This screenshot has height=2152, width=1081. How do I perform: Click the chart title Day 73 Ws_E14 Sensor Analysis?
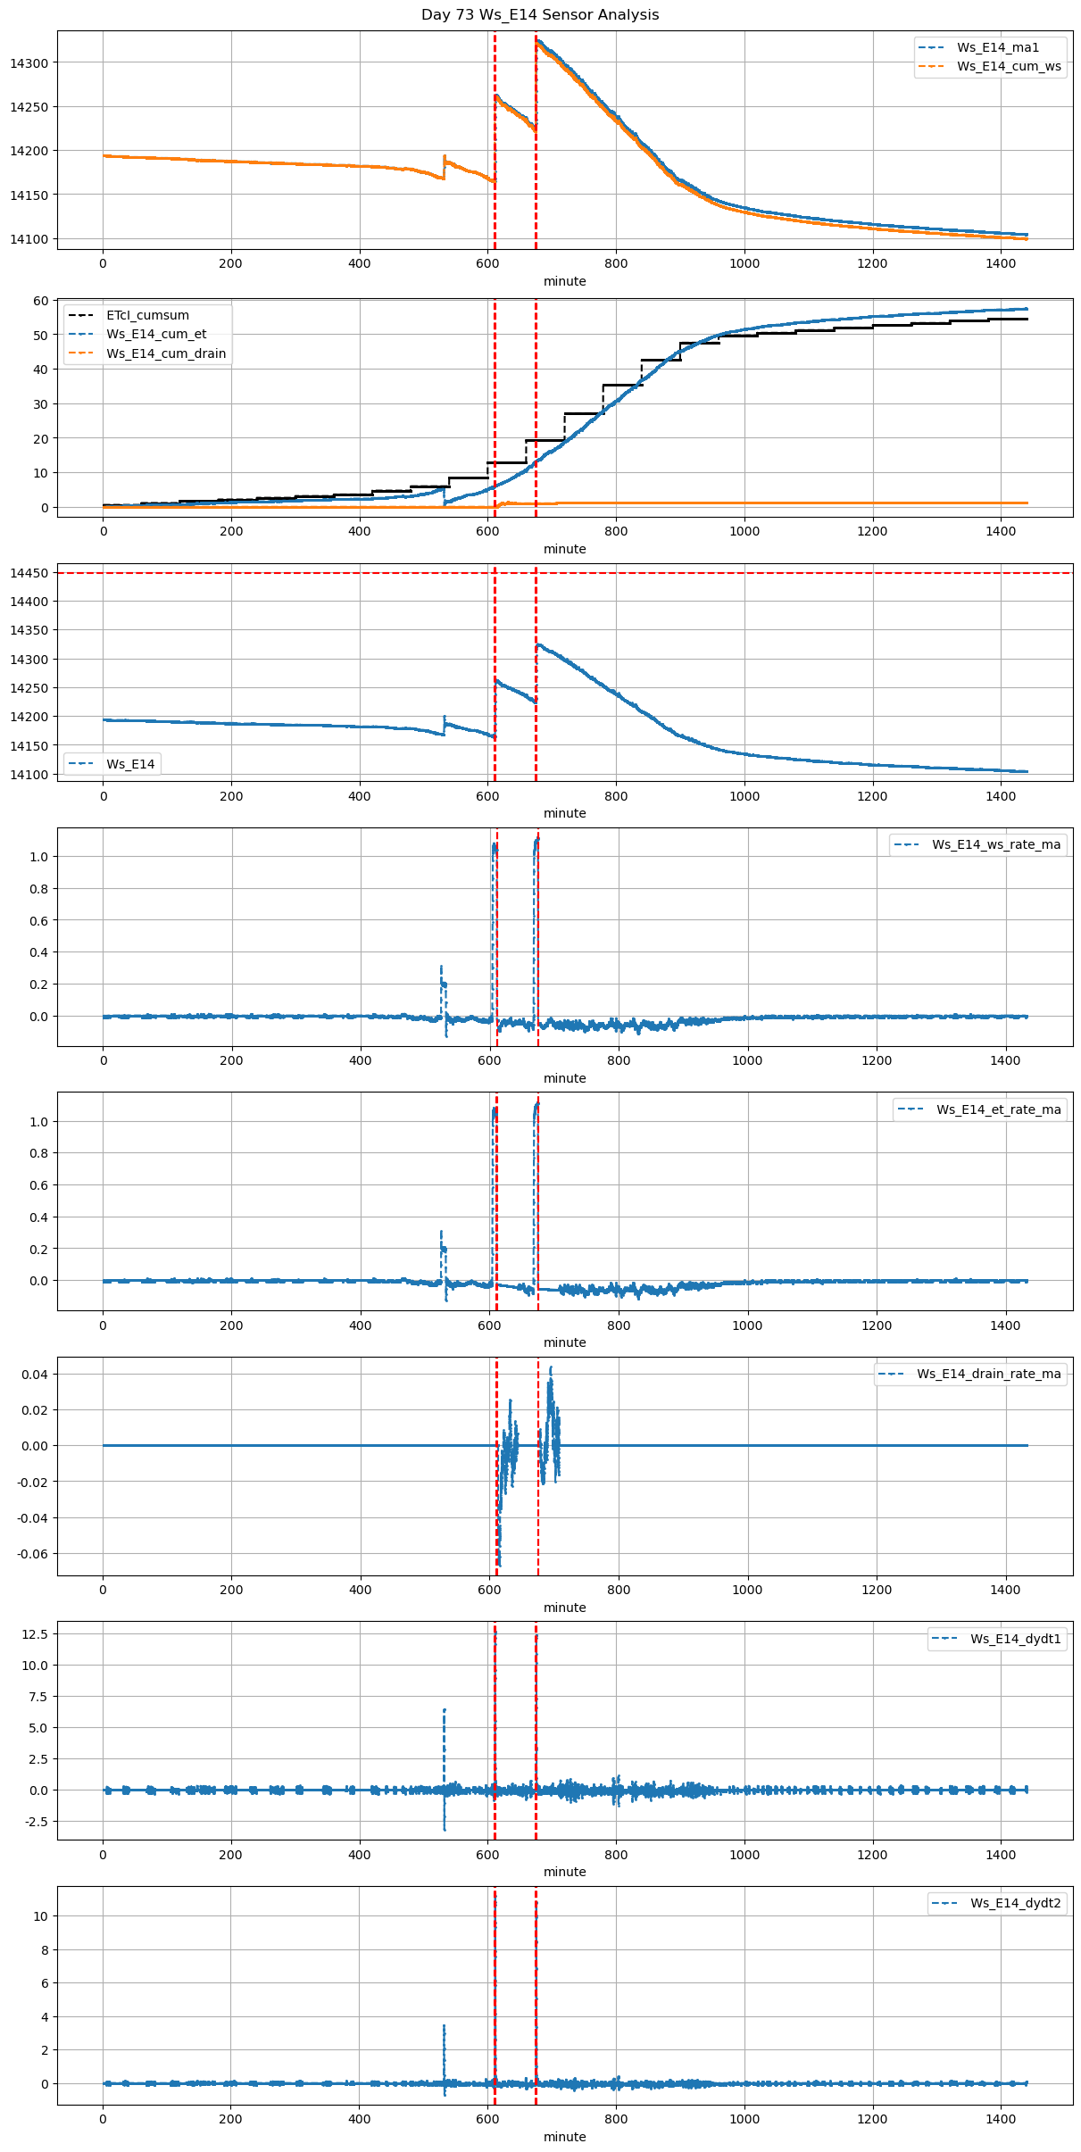pyautogui.click(x=540, y=15)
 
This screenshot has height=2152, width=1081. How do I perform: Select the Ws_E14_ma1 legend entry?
pyautogui.click(x=997, y=47)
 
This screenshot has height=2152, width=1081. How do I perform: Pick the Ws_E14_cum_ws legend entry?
pyautogui.click(x=1009, y=66)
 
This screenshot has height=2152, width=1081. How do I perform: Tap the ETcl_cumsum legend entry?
pyautogui.click(x=147, y=315)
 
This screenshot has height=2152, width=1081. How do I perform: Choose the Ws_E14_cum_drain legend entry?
pyautogui.click(x=166, y=353)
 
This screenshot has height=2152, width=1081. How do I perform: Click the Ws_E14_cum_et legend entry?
pyautogui.click(x=156, y=334)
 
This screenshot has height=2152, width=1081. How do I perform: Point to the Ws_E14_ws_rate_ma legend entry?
pyautogui.click(x=996, y=844)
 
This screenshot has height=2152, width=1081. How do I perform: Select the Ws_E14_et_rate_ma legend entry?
pyautogui.click(x=998, y=1109)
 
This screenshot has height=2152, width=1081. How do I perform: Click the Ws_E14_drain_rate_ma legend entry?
pyautogui.click(x=988, y=1374)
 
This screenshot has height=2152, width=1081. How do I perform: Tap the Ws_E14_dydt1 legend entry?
pyautogui.click(x=1015, y=1639)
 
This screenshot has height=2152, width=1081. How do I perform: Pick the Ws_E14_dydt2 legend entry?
pyautogui.click(x=1015, y=1903)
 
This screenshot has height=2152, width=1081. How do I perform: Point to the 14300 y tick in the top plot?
pyautogui.click(x=29, y=63)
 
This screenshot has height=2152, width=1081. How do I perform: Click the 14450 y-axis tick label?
pyautogui.click(x=29, y=573)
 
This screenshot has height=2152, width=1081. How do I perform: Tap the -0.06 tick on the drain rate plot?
pyautogui.click(x=32, y=1554)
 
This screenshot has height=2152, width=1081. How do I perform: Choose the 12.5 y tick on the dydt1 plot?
pyautogui.click(x=36, y=1633)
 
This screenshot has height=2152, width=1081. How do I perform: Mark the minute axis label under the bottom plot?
pyautogui.click(x=564, y=2137)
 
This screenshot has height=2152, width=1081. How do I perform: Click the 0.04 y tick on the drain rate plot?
pyautogui.click(x=34, y=1375)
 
